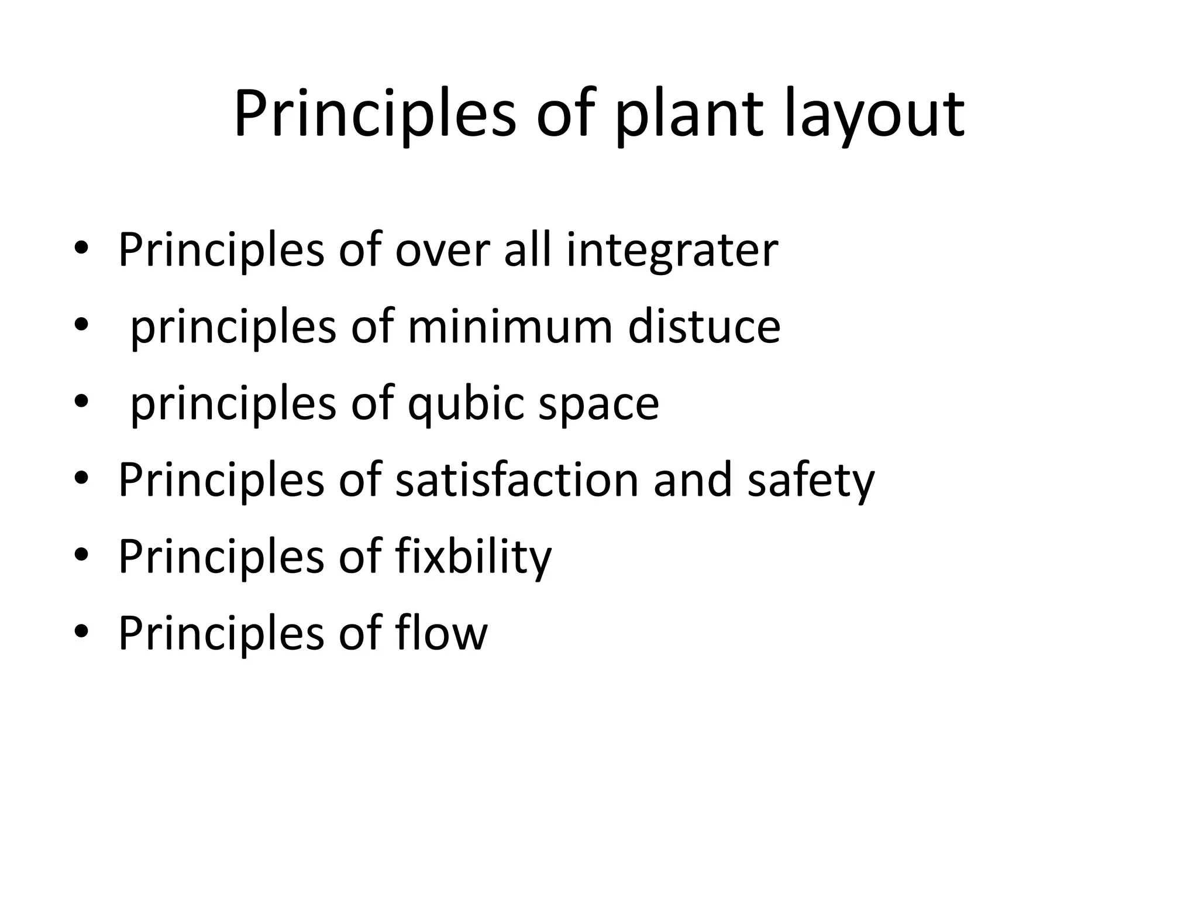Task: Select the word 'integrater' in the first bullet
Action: tap(672, 251)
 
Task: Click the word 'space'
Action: tap(598, 404)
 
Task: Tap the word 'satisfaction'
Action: tap(517, 480)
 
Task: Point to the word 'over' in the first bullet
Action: tap(442, 251)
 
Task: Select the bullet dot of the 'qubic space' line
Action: tap(81, 402)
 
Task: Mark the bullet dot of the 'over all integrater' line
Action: tap(81, 248)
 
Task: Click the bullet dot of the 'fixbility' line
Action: tap(81, 554)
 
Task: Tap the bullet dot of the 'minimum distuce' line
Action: tap(81, 324)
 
